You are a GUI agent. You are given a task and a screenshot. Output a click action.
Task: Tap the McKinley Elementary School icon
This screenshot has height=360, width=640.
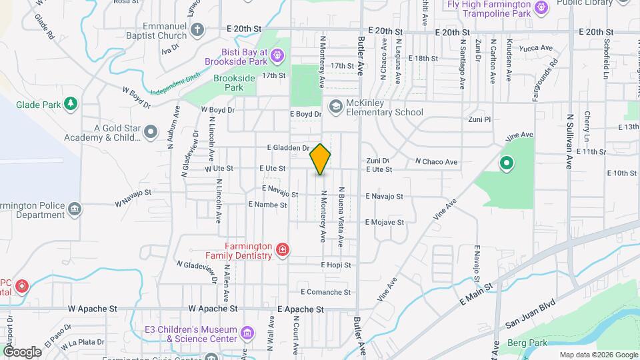(x=335, y=107)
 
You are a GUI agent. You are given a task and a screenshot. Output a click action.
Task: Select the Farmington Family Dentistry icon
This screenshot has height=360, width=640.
(x=283, y=250)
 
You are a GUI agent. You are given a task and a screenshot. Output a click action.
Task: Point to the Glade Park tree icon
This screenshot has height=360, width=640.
(x=71, y=104)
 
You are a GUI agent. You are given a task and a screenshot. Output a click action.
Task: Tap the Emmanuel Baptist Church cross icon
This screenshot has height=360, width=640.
(x=197, y=29)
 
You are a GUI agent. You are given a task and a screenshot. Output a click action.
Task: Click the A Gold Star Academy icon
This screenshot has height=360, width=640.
(x=151, y=132)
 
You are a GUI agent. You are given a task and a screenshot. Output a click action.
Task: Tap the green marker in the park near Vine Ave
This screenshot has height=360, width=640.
(x=506, y=163)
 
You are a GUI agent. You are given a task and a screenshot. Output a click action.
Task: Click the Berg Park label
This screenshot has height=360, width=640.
(x=527, y=343)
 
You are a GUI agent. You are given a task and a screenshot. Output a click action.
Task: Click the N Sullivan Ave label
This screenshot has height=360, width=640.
(x=570, y=141)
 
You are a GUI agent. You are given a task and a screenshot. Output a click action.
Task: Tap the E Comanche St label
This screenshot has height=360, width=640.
(x=325, y=292)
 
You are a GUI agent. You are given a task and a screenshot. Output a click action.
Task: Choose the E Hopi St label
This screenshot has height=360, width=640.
(x=335, y=265)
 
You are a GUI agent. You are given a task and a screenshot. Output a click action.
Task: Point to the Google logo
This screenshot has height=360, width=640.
(x=22, y=352)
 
